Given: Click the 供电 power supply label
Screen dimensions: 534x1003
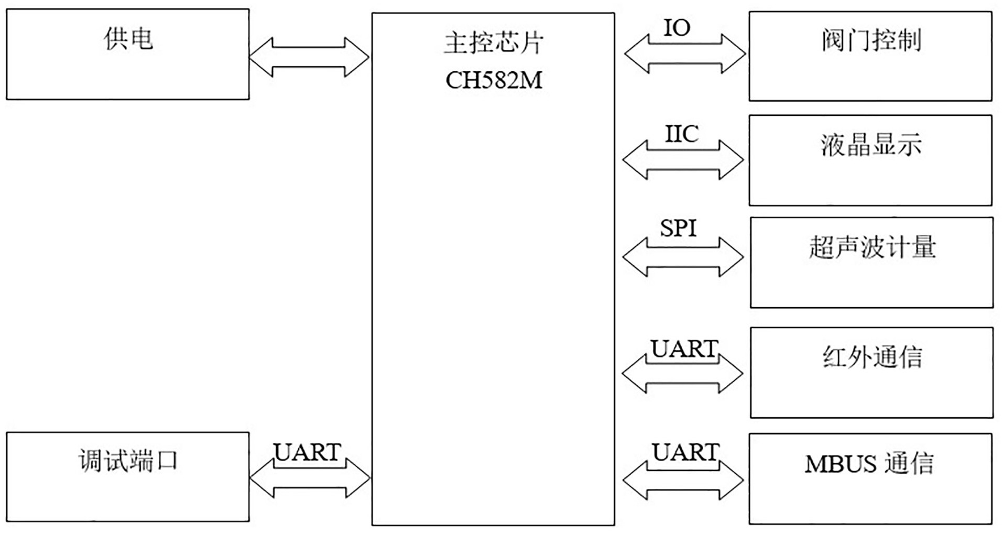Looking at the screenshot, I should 128,39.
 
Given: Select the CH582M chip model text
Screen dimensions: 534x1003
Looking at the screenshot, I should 494,81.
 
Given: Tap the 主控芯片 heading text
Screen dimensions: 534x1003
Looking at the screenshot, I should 494,43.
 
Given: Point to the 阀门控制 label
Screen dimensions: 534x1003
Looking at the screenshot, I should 871,40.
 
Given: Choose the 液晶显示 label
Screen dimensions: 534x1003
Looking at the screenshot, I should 871,145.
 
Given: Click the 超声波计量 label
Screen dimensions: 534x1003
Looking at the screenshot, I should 872,247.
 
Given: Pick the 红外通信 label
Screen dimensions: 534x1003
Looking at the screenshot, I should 872,357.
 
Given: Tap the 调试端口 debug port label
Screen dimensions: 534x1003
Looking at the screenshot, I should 128,461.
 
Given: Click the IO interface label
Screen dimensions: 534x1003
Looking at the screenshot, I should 677,28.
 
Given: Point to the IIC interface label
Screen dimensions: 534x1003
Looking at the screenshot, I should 682,134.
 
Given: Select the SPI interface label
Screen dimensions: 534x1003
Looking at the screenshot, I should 678,228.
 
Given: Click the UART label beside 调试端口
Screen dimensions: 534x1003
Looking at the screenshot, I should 308,452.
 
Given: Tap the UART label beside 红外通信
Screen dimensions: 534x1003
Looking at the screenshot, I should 684,348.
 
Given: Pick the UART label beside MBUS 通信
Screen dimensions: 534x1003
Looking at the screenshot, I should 685,452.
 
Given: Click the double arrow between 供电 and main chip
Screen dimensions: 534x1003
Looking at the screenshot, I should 309,57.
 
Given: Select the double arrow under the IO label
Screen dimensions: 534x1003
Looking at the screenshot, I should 685,53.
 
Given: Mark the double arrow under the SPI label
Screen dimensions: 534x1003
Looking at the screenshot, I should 683,257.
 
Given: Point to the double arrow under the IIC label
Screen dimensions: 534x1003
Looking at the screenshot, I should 683,160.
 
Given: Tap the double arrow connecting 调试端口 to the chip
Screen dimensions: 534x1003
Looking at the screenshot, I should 310,478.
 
